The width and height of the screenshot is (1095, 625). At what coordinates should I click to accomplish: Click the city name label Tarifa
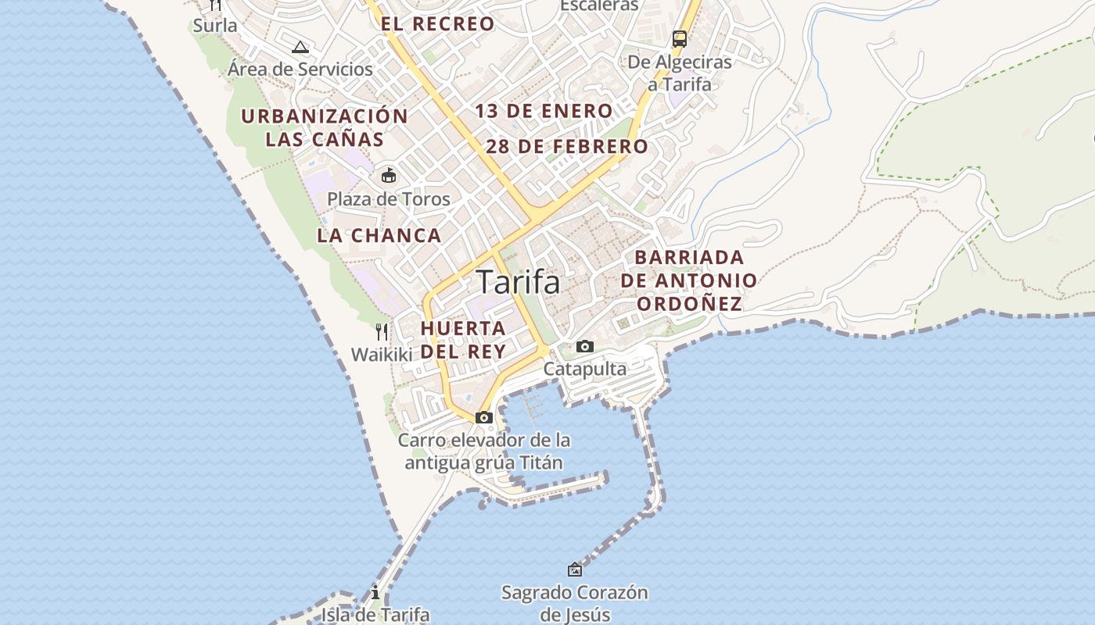coord(519,282)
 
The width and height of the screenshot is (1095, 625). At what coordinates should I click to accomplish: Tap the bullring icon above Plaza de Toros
coord(389,175)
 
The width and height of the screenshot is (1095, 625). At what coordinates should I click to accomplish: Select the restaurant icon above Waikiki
coord(382,332)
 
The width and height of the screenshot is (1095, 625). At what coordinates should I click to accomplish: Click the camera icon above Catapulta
coord(584,346)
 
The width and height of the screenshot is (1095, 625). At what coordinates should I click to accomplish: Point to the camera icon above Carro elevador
coord(484,417)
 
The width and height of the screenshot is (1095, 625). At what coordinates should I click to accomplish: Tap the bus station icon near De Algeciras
coord(680,39)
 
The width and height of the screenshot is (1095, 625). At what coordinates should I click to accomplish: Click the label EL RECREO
coord(438,24)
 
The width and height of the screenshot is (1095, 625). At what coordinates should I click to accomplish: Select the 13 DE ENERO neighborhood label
coord(544,111)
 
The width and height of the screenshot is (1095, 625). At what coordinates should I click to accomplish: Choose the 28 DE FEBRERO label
coord(567,146)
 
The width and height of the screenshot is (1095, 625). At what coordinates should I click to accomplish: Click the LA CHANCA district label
coord(379,235)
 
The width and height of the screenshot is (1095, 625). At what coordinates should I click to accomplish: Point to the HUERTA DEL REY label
coord(463,339)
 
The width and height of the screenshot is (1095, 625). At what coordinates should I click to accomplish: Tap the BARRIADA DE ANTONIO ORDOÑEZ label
coord(689,280)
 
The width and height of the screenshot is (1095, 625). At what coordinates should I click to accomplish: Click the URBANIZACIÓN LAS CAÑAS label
coord(325,128)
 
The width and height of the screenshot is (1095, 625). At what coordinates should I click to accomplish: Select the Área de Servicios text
coord(300,69)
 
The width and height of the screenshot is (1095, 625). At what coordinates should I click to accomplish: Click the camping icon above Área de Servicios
coord(300,47)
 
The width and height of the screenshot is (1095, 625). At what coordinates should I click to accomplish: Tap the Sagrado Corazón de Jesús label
coord(575,603)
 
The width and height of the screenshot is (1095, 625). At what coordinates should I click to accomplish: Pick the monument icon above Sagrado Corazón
coord(575,570)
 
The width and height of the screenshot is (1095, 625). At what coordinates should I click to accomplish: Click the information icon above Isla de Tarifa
coord(375,591)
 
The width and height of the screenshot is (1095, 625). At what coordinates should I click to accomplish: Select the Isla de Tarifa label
coord(375,615)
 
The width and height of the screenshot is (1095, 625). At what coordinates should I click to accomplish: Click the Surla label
coord(215,25)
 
